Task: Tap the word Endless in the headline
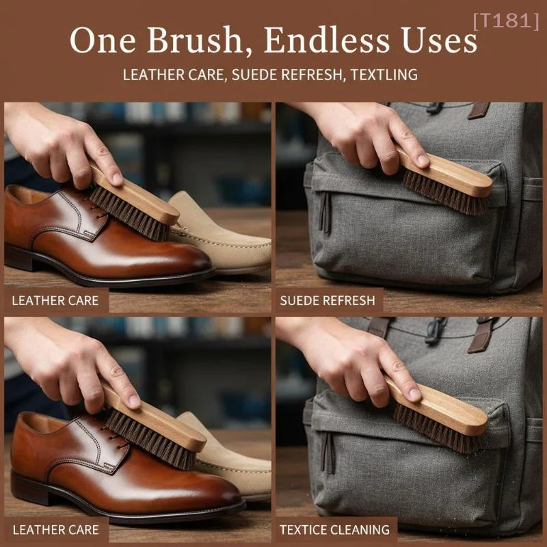(326, 40)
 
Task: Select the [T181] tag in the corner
(506, 21)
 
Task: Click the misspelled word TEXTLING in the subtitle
(384, 75)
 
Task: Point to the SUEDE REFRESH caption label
(328, 300)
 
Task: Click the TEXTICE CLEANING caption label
(334, 529)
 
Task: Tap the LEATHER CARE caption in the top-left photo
(55, 301)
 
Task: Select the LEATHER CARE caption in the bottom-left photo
(56, 530)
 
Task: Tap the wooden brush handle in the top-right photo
(446, 173)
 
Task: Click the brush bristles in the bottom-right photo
(436, 429)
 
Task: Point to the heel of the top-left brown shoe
(19, 258)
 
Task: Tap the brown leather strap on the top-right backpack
(479, 110)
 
